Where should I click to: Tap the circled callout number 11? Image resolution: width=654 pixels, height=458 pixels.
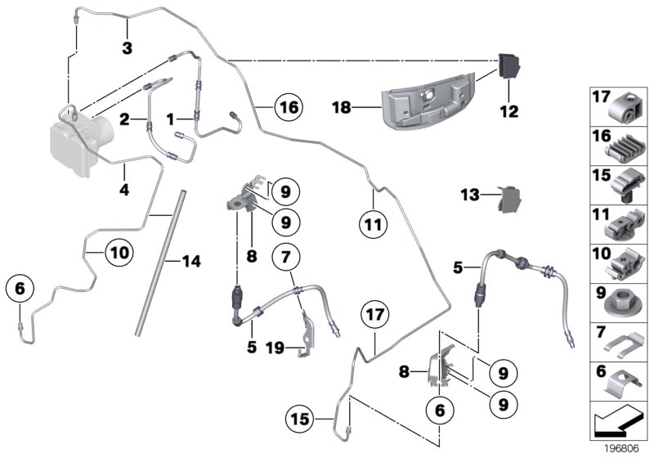(373, 221)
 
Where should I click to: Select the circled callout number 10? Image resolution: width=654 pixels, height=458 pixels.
(119, 254)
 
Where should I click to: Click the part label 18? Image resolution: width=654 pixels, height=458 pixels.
(343, 107)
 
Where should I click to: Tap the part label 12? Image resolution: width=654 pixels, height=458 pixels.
(509, 111)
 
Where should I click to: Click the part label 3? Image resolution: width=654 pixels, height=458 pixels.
(127, 49)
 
